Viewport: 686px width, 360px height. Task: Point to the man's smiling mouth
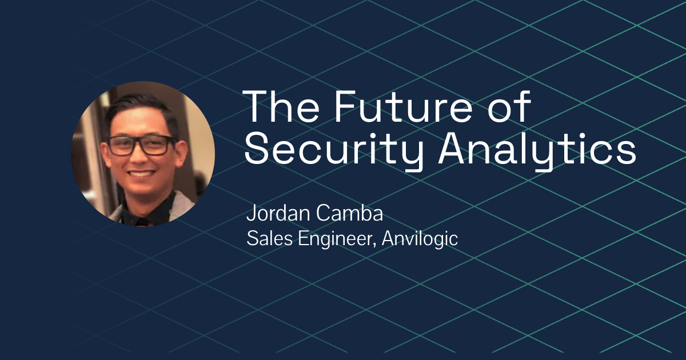[142, 173]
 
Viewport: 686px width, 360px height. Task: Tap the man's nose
[142, 157]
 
